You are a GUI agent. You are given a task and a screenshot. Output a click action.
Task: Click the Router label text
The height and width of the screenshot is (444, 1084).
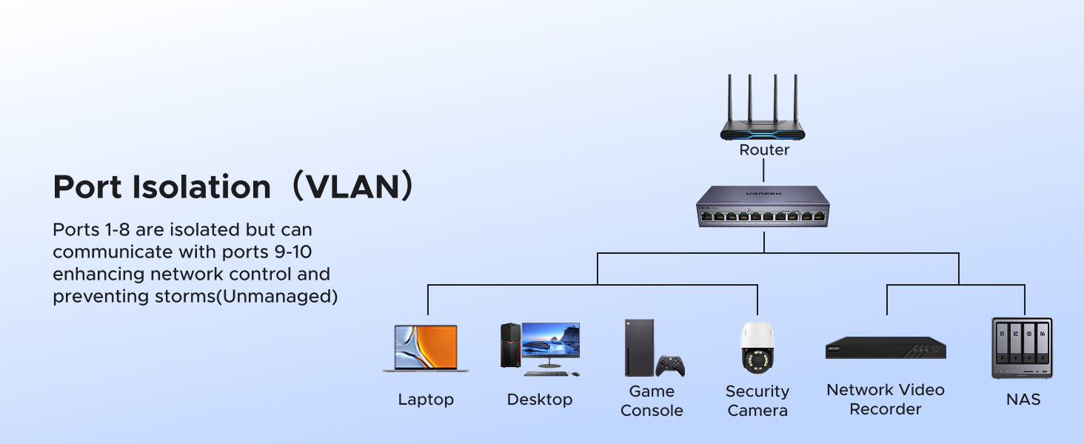click(764, 150)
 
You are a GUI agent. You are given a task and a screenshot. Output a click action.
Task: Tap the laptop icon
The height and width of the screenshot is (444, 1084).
click(426, 348)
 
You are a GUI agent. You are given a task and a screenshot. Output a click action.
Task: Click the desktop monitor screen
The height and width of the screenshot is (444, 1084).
click(550, 341)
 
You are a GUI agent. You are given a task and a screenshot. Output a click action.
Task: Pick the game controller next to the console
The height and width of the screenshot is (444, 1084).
click(671, 366)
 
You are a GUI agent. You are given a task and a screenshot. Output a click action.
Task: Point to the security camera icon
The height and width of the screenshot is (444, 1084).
click(757, 348)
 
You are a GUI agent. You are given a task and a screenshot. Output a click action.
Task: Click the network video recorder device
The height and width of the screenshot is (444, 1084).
click(886, 349)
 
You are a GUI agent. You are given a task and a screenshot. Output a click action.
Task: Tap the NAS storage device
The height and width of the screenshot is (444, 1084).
click(1022, 348)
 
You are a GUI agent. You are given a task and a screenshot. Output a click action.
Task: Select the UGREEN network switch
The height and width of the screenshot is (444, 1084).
click(764, 207)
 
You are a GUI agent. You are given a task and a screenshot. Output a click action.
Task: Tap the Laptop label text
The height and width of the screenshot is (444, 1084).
click(426, 400)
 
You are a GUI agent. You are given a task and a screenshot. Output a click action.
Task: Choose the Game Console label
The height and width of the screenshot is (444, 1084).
click(652, 400)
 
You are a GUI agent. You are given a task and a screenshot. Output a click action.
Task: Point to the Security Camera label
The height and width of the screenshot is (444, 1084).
click(757, 400)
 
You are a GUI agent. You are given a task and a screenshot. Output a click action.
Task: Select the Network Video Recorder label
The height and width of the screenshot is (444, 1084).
click(886, 399)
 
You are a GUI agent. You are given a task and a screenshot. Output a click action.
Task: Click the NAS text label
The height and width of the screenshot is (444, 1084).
click(1023, 400)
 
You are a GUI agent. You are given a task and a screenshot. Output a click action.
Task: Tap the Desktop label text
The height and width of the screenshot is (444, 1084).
click(540, 400)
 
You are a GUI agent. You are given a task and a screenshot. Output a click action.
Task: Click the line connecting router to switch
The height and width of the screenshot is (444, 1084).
click(764, 170)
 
